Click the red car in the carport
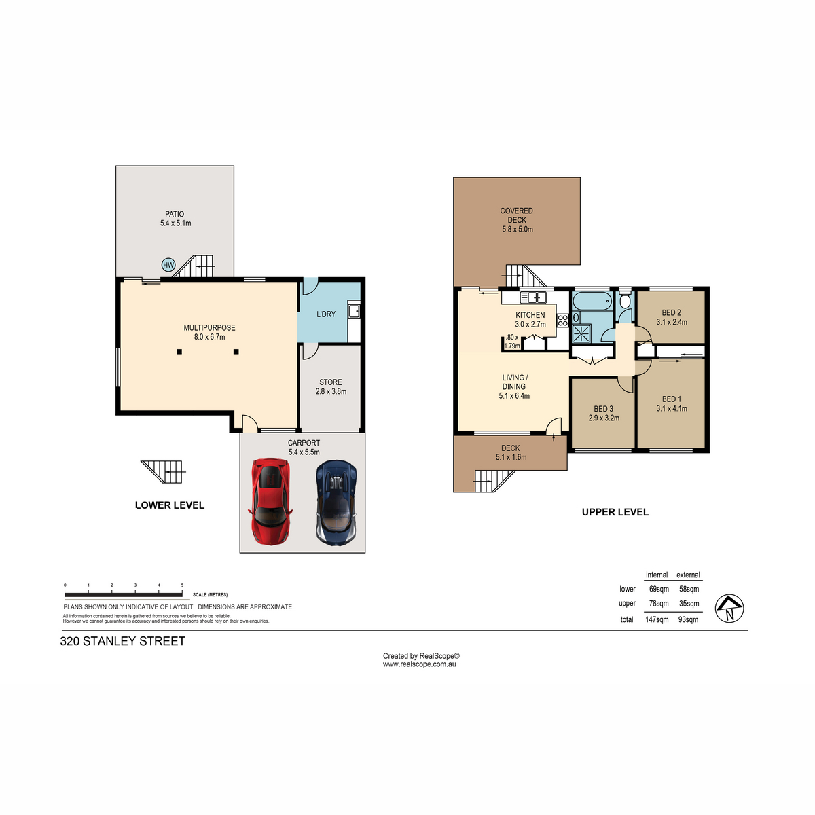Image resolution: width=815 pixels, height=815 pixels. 270,502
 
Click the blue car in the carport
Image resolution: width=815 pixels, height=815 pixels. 337,501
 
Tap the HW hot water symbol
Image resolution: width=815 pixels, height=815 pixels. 168,265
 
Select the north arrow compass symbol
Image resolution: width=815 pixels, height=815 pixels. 729,609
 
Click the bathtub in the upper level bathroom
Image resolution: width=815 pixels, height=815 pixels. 592,301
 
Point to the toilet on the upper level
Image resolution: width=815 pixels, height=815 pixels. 625,300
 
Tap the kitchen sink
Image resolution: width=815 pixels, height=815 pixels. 533,297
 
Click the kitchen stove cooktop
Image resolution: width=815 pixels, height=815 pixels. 562,320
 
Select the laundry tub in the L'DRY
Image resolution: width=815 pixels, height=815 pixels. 354,311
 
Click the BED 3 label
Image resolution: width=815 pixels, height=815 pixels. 604,409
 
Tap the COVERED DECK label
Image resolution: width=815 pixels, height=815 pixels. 517,215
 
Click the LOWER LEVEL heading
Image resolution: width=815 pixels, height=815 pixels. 170,505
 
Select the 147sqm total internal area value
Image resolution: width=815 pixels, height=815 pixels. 657,619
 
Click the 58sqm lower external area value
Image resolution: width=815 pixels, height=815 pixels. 689,589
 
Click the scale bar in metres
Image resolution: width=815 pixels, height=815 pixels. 124,595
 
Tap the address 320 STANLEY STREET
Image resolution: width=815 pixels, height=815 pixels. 123,641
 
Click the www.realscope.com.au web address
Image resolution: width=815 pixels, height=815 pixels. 419,664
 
